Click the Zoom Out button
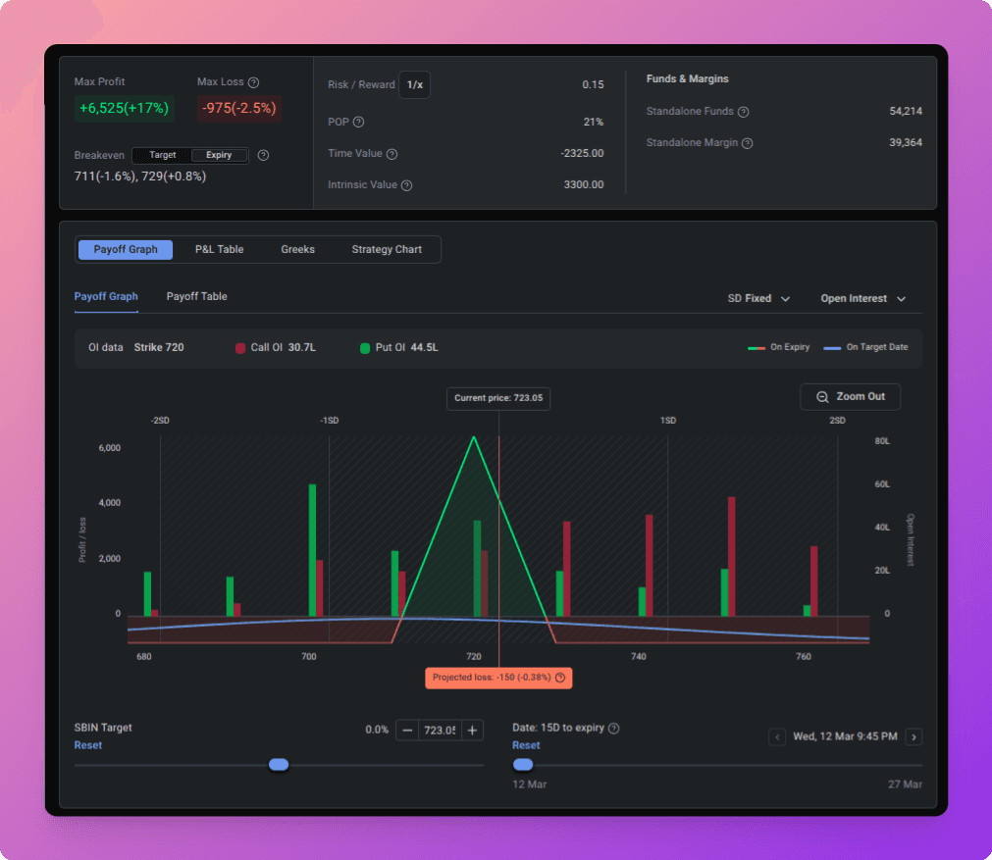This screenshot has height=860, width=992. [850, 396]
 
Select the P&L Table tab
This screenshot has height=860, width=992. [219, 249]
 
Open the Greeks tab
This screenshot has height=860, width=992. [297, 249]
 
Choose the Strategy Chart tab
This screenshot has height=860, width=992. [387, 249]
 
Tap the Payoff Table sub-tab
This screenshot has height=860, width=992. [197, 296]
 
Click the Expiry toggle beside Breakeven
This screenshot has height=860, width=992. [219, 155]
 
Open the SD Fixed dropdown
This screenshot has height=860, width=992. [757, 298]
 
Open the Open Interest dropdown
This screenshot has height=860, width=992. [862, 298]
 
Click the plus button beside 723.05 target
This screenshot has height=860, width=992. [472, 731]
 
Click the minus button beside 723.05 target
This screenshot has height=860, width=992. [407, 731]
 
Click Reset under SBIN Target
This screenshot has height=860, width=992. [88, 745]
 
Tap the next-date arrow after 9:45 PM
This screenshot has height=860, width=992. [914, 736]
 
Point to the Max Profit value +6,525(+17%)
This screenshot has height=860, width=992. [124, 108]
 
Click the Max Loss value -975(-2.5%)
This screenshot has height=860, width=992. [239, 108]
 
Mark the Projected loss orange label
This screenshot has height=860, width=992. [498, 678]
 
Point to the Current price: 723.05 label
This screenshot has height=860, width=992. [498, 398]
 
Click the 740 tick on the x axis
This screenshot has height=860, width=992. [639, 656]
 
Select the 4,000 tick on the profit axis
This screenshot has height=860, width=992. [110, 503]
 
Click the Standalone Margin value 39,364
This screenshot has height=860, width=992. [906, 142]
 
